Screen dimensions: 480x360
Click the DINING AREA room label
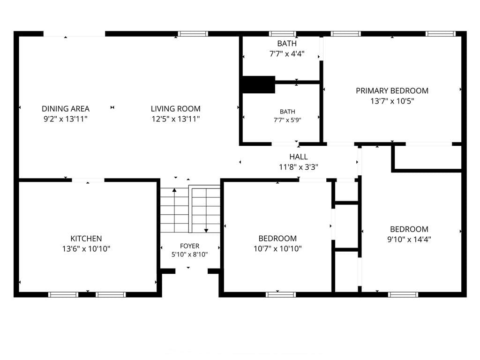click(x=66, y=109)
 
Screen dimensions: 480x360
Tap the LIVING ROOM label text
click(x=176, y=109)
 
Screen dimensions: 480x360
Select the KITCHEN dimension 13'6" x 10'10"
click(x=86, y=248)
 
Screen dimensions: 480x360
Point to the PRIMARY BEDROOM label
click(x=392, y=90)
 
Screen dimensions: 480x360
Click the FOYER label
click(x=189, y=246)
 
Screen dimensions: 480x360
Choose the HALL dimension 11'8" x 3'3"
click(x=299, y=167)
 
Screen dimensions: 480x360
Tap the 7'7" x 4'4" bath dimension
click(x=287, y=53)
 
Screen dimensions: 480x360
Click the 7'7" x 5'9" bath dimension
click(x=287, y=120)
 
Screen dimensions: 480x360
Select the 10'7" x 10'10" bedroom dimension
click(x=277, y=248)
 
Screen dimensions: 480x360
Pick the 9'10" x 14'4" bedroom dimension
click(x=409, y=239)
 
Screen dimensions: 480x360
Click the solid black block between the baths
click(x=259, y=84)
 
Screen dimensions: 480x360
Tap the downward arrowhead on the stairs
click(x=206, y=231)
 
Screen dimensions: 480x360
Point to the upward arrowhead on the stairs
click(x=174, y=190)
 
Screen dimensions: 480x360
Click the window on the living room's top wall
click(x=193, y=34)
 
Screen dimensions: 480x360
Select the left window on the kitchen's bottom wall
click(x=63, y=294)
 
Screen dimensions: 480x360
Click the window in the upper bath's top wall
click(x=283, y=34)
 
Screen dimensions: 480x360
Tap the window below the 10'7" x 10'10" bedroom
click(x=281, y=294)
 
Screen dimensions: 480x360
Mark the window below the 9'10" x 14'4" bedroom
click(x=403, y=294)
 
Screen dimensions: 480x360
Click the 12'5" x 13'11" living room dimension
click(x=176, y=119)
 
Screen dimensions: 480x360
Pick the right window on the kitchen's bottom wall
click(x=111, y=294)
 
